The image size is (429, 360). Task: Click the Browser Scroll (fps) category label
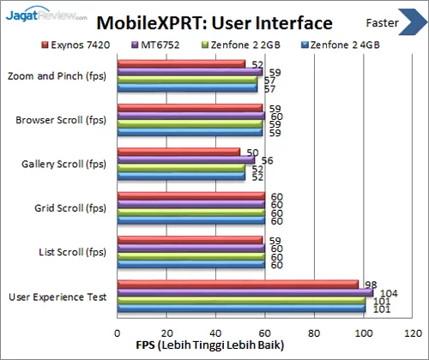61,119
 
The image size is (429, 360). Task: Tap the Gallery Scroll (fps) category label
63,164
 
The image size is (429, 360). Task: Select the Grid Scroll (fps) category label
70,207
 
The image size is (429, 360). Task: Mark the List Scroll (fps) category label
72,252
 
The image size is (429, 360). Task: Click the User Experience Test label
57,297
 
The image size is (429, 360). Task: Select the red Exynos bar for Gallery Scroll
178,152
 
